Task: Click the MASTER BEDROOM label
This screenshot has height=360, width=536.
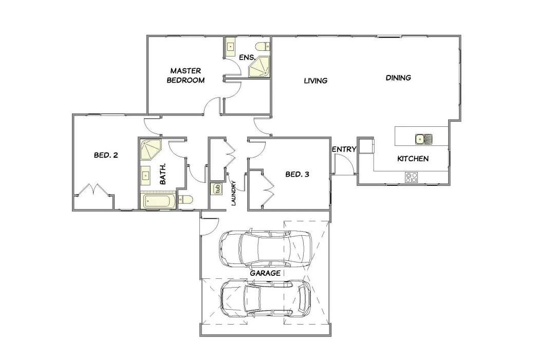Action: pos(186,75)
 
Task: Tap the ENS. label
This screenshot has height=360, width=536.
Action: pos(247,58)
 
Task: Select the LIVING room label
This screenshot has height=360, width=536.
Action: pos(316,81)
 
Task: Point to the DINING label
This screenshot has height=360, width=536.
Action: pos(398,78)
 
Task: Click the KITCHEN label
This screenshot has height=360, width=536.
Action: pos(413,159)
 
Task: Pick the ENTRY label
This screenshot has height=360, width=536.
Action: pos(344,149)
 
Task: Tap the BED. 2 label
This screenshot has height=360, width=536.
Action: pos(106,155)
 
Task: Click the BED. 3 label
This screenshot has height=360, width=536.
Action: pos(298,174)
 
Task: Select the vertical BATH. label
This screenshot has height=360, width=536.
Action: pos(163,174)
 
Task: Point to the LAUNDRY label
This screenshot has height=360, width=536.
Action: pos(234,193)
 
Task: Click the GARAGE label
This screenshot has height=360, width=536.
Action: pos(265,273)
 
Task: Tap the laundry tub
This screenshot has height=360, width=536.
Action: pos(216,188)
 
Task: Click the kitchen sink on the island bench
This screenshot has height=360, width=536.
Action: pos(423,139)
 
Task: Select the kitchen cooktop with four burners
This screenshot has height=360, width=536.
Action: pos(411,177)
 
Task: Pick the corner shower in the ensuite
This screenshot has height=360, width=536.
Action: pos(259,67)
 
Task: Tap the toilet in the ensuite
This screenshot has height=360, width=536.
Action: pos(263,46)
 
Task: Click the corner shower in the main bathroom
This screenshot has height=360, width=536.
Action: pos(151,149)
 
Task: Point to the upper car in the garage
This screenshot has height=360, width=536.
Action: pos(265,249)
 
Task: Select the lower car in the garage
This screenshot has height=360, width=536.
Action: pos(266,298)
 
